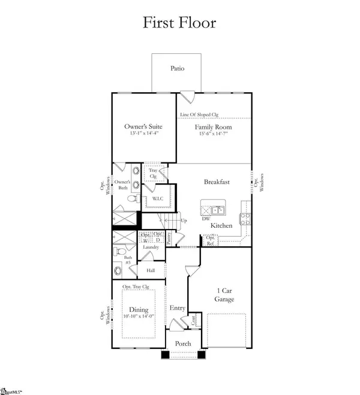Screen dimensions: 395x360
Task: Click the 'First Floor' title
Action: tap(179, 23)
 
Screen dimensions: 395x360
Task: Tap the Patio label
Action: tap(176, 68)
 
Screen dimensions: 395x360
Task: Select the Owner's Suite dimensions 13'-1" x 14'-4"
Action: tap(143, 134)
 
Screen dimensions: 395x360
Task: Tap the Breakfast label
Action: tap(217, 182)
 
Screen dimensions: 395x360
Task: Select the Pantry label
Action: tap(170, 238)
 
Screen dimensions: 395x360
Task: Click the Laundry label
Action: tap(149, 246)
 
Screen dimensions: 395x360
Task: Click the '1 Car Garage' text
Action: tap(224, 294)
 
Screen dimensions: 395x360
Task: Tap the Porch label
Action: tap(182, 343)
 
